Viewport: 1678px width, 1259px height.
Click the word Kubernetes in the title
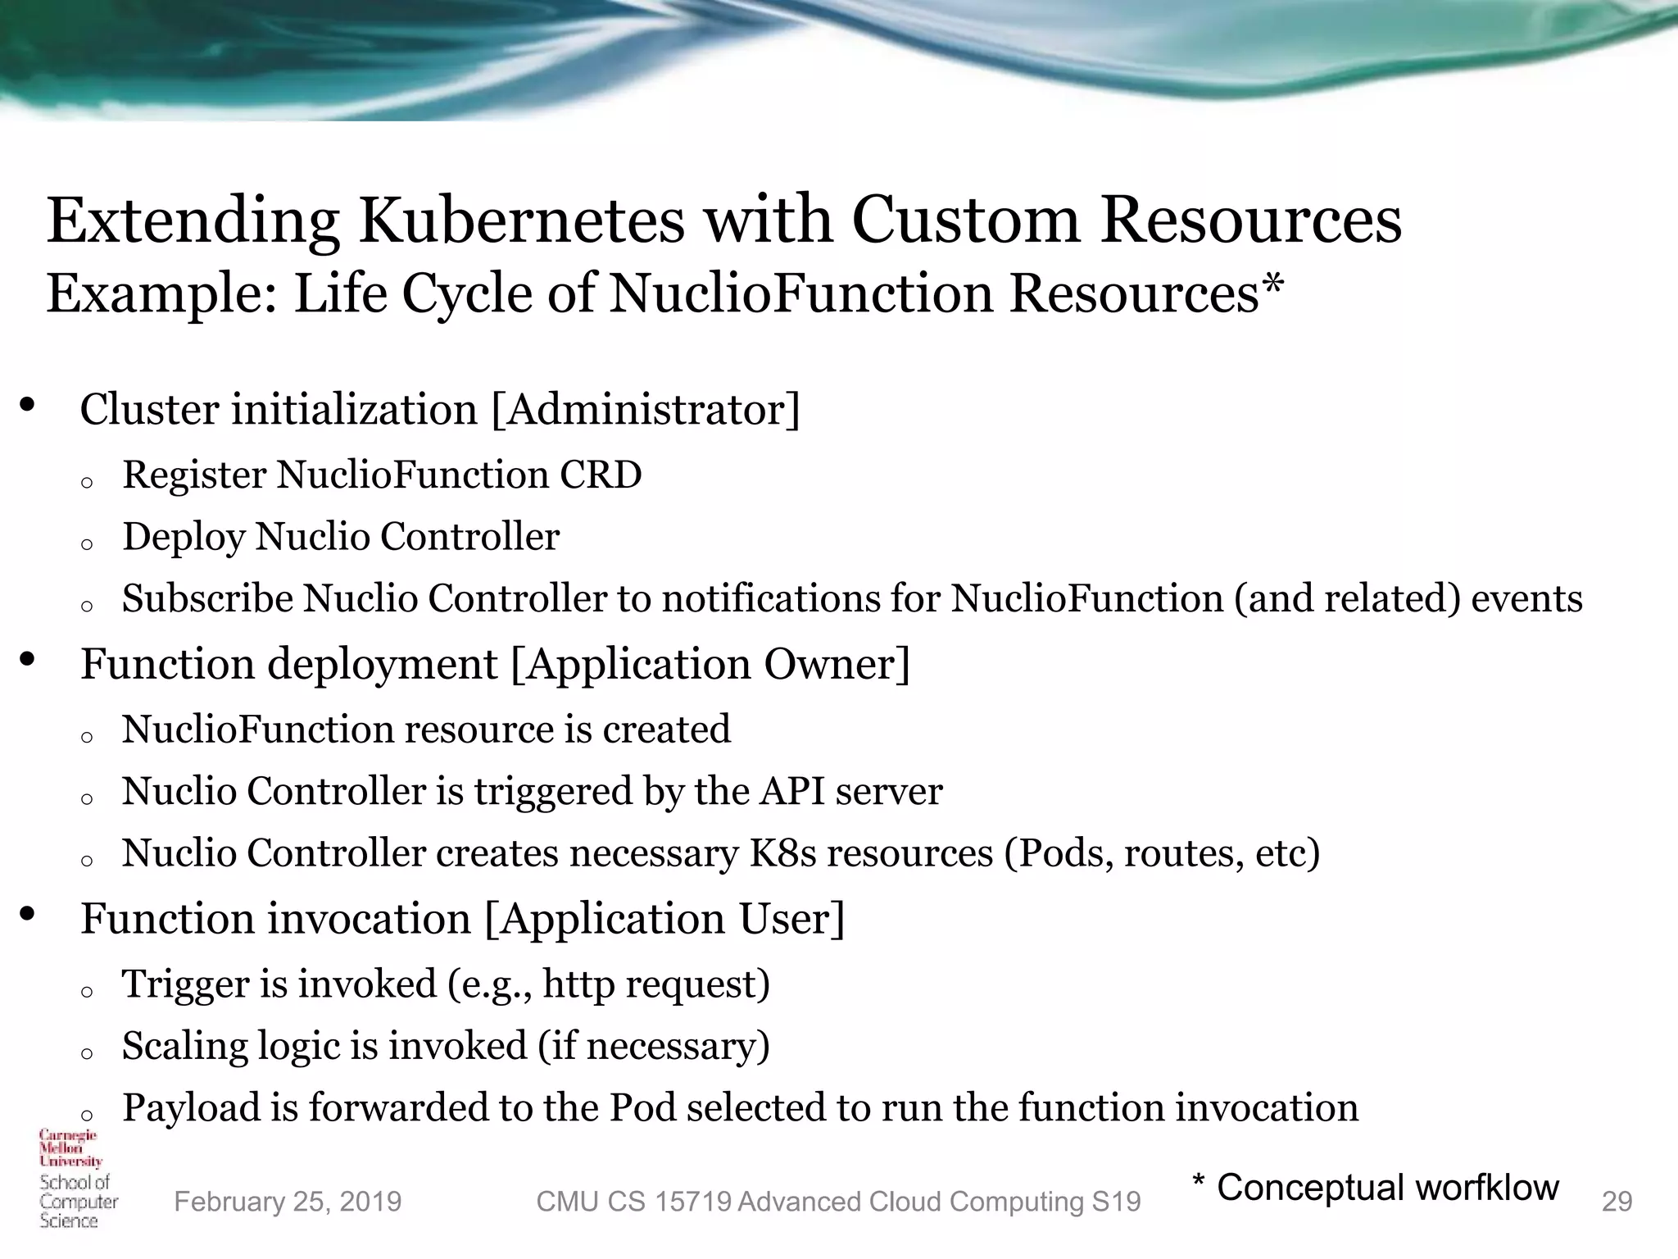(520, 221)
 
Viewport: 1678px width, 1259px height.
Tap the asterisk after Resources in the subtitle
(1272, 288)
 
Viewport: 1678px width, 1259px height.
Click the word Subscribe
(207, 599)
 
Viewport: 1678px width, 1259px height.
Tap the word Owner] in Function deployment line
(837, 665)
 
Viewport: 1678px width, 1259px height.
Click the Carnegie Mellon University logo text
(70, 1148)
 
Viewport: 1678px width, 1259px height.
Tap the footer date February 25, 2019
(288, 1202)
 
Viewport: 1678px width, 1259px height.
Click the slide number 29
(1617, 1202)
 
